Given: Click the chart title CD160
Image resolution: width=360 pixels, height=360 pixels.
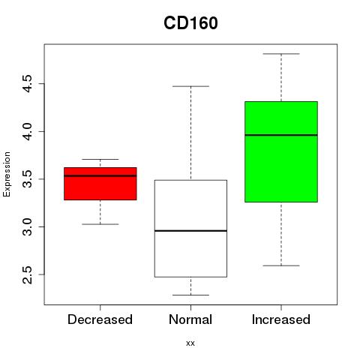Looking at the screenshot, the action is click(190, 23).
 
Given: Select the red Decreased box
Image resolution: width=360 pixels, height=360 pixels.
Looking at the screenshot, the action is click(100, 184).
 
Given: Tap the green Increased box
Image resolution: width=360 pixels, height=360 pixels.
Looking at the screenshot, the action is click(281, 151).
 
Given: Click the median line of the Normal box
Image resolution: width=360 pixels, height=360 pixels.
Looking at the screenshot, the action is click(190, 231).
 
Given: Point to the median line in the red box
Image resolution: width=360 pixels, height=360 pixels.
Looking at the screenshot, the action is click(100, 175).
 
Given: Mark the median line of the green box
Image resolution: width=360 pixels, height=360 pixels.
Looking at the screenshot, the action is click(281, 135).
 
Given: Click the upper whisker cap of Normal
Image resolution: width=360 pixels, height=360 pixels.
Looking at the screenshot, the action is click(190, 86).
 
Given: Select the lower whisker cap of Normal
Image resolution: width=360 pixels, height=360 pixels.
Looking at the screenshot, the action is click(190, 295).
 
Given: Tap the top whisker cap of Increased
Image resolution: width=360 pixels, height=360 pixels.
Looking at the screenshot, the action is click(281, 54).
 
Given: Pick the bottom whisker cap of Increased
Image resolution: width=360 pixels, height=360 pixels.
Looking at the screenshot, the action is click(281, 265).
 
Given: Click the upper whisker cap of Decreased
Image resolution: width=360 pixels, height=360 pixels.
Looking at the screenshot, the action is click(100, 159).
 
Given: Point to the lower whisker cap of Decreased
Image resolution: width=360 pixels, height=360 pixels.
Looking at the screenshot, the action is click(100, 224).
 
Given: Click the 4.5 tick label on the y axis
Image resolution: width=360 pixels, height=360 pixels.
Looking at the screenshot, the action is click(27, 84).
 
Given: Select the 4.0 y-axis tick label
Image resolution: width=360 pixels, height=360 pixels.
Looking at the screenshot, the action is click(27, 131).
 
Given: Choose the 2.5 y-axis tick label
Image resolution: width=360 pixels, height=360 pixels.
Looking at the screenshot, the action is click(27, 274).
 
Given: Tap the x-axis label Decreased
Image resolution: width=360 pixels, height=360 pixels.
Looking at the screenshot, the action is click(100, 319).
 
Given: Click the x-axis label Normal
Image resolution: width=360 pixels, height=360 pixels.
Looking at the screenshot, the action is click(190, 319).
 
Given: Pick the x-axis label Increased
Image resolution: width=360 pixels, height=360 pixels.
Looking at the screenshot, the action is click(281, 319).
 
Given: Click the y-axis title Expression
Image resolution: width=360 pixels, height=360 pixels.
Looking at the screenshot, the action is click(7, 174).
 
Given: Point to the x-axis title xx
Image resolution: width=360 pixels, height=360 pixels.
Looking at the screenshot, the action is click(190, 343).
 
